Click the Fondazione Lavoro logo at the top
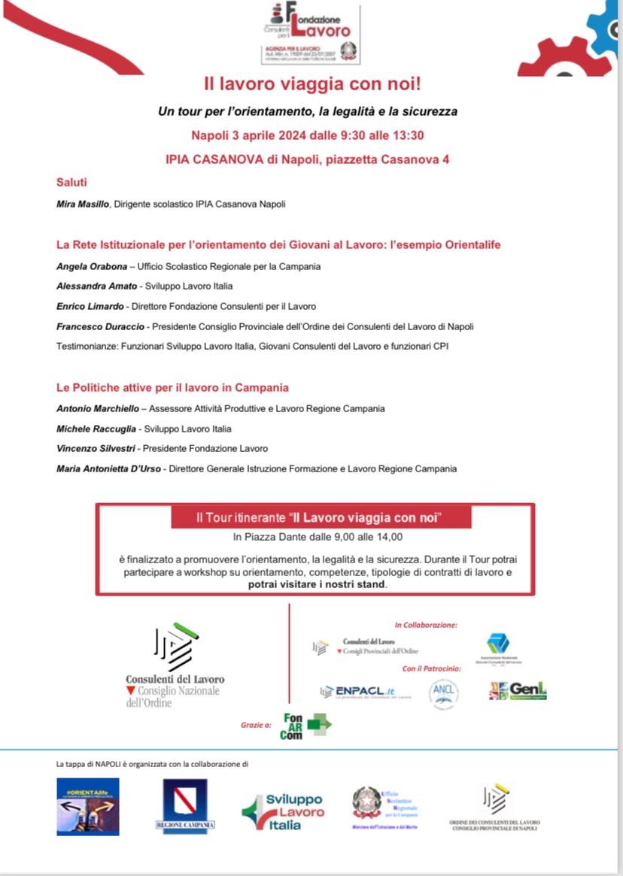tap(311, 34)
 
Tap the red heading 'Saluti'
tap(71, 182)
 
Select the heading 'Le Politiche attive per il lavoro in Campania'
tap(172, 388)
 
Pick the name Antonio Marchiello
tap(97, 409)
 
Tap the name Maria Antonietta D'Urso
tap(110, 469)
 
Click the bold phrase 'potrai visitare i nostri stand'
tap(317, 583)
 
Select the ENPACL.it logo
tap(356, 692)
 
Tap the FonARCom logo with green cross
tap(305, 726)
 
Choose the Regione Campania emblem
tap(185, 805)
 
